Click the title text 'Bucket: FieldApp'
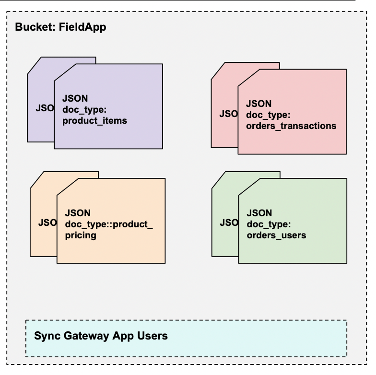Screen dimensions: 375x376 click(60, 27)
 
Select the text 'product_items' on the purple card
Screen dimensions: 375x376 click(94, 120)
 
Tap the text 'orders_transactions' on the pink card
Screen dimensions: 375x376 click(291, 126)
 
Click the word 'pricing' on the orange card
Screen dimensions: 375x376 click(81, 235)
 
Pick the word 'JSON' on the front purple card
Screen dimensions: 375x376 click(75, 98)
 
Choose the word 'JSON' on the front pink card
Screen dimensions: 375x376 click(258, 104)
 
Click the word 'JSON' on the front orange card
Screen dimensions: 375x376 click(78, 212)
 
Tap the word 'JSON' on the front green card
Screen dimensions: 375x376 click(259, 213)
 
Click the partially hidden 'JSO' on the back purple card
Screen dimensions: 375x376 click(45, 107)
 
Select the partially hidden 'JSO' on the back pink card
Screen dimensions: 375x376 click(228, 114)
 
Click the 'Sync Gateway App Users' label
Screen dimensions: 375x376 click(101, 336)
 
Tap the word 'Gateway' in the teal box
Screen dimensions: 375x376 click(96, 336)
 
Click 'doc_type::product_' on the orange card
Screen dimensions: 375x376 click(108, 224)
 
